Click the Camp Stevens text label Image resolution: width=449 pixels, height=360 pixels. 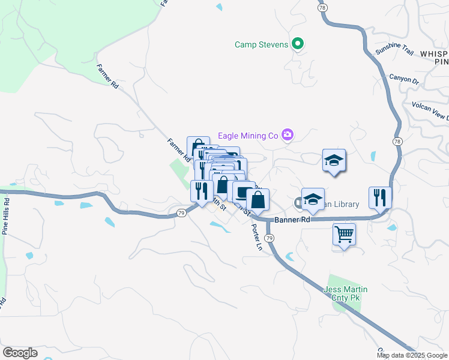click(x=262, y=44)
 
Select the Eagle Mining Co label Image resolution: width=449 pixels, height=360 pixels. click(x=250, y=136)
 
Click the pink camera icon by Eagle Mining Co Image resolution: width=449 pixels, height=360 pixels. click(x=288, y=135)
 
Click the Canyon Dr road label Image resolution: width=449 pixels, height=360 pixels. click(x=403, y=79)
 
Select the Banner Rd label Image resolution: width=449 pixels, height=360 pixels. click(x=292, y=220)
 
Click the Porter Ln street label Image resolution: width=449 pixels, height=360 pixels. click(x=257, y=238)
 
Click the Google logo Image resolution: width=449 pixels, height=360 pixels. click(x=20, y=352)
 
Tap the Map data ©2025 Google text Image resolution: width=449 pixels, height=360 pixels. click(x=411, y=355)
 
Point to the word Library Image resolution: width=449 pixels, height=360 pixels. click(x=346, y=204)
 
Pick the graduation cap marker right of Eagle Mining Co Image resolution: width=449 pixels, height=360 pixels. click(x=334, y=160)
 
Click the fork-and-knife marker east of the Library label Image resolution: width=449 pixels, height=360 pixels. click(x=380, y=196)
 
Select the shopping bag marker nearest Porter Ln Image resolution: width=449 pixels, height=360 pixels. click(x=258, y=200)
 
